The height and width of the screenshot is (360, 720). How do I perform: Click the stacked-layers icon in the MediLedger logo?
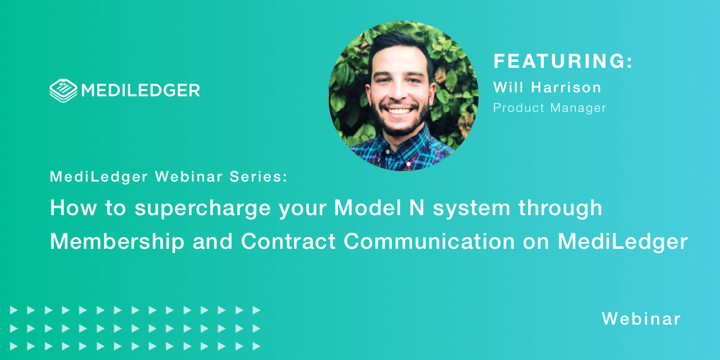[x=63, y=90]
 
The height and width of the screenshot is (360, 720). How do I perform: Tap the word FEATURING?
[x=563, y=61]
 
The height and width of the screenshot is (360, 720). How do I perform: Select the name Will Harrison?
[x=547, y=87]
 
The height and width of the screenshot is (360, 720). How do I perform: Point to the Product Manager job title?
[x=549, y=108]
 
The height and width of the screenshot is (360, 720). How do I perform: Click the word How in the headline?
[x=69, y=208]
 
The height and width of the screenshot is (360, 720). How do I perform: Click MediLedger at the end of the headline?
[x=623, y=241]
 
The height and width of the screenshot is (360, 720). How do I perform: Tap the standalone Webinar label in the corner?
[x=641, y=318]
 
